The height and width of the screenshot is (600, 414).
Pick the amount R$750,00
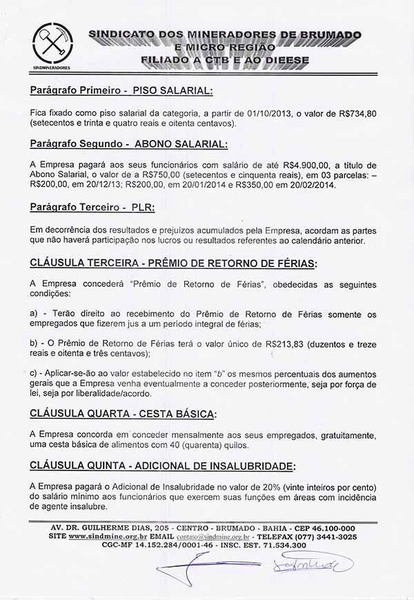click(157, 175)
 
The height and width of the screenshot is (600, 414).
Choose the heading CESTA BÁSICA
click(172, 414)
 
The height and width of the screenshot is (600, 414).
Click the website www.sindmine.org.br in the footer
click(108, 537)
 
